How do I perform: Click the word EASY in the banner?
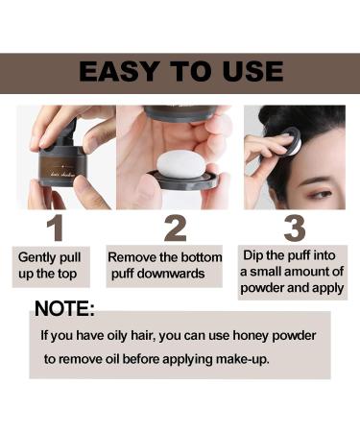tap(119, 71)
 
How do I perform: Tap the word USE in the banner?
tap(253, 71)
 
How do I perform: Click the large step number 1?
tap(56, 228)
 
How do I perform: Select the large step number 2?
tap(175, 228)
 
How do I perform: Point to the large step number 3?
tap(295, 228)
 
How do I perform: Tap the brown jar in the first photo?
tap(62, 165)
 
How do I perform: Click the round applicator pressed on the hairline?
tap(287, 142)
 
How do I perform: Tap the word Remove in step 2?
tap(128, 257)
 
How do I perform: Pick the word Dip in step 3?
tap(252, 255)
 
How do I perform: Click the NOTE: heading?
tap(64, 308)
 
